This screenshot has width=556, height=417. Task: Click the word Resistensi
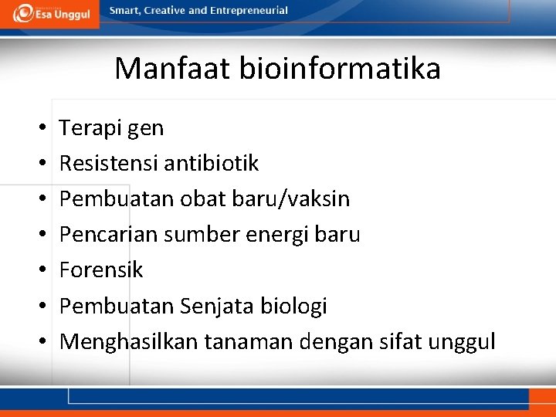point(107,164)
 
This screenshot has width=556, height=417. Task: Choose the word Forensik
point(101,270)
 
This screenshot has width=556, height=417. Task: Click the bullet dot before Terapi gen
point(38,128)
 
